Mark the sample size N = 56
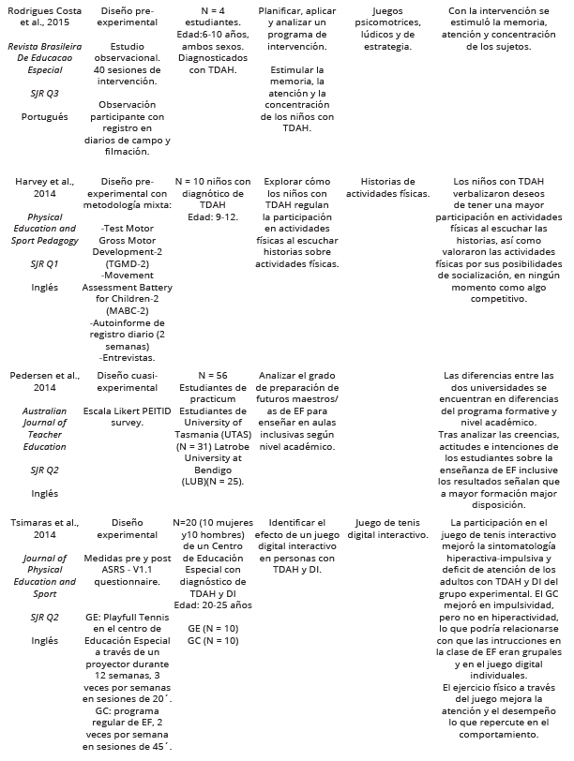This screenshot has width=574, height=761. tap(212, 374)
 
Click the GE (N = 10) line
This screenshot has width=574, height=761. tap(212, 628)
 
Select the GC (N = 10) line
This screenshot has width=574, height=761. tap(212, 641)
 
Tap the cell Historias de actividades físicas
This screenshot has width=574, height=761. tap(387, 187)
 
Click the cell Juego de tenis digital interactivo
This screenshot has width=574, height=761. tap(387, 528)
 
